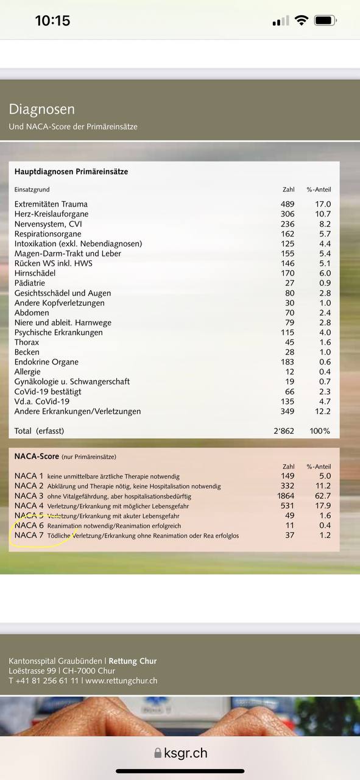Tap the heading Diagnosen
[x=41, y=110]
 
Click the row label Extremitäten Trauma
[x=51, y=204]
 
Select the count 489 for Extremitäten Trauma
[x=288, y=204]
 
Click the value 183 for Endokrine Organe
[x=288, y=362]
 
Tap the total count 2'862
[x=283, y=431]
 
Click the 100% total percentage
[x=319, y=431]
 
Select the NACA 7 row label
[x=29, y=535]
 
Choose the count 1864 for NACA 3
[x=286, y=496]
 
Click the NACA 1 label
[x=29, y=476]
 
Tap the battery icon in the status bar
[x=325, y=21]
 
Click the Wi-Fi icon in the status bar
[x=301, y=21]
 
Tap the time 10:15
[x=52, y=21]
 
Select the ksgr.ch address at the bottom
[x=185, y=753]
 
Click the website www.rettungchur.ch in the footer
[x=121, y=681]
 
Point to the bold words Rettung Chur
[x=132, y=661]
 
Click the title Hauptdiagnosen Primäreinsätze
[x=71, y=172]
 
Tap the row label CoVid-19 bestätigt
[x=48, y=392]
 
